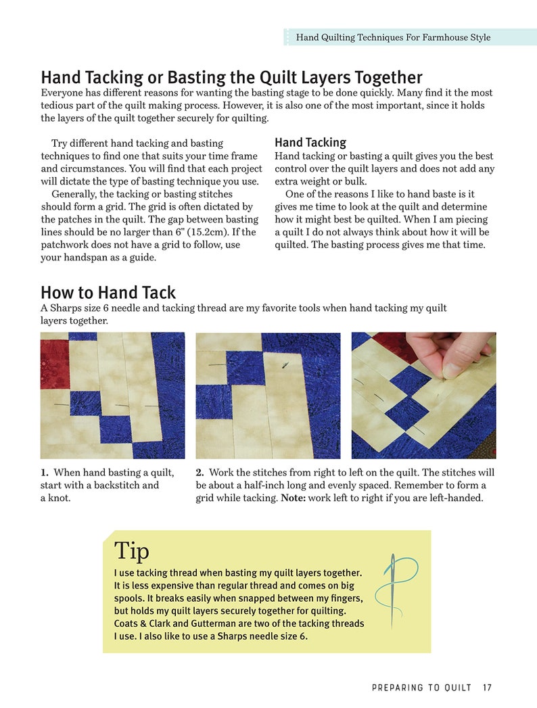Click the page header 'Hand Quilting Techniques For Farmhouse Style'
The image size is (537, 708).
[393, 37]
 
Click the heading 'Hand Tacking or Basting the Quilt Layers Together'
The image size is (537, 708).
[231, 77]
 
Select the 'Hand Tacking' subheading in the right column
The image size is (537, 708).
[310, 143]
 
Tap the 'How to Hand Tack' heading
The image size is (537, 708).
[108, 293]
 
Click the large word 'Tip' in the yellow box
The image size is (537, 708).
[132, 550]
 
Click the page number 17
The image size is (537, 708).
[487, 688]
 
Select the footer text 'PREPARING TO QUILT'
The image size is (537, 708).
[421, 688]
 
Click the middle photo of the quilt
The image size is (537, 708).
[268, 396]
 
